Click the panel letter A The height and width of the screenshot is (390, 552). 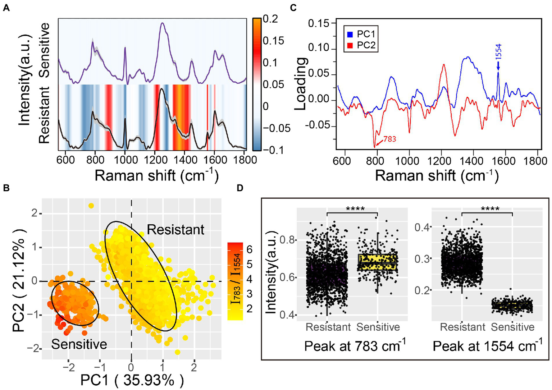tap(6, 8)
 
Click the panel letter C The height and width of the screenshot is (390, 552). tap(293, 8)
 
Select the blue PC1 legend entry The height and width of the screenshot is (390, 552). tap(361, 34)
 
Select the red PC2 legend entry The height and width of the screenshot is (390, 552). tap(361, 45)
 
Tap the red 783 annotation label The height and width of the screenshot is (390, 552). tap(389, 139)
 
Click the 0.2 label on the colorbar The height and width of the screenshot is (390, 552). tap(270, 19)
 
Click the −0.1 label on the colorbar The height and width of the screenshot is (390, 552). tap(273, 150)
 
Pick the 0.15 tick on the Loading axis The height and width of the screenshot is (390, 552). tap(319, 23)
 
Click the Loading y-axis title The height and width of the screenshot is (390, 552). tap(301, 83)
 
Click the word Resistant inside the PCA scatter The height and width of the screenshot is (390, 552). tap(175, 229)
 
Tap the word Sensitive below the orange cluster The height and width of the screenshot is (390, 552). tap(79, 344)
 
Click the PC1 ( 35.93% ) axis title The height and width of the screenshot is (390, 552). tap(132, 380)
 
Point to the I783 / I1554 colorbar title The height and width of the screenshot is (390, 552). tap(236, 279)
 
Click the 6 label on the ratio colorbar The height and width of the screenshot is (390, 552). tap(249, 249)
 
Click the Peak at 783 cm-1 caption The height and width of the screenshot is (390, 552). tap(355, 346)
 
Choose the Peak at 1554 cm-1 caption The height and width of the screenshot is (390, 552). tap(487, 346)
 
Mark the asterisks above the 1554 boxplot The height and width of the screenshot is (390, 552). tap(490, 209)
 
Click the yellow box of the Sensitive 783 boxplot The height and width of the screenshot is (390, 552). tap(378, 262)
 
